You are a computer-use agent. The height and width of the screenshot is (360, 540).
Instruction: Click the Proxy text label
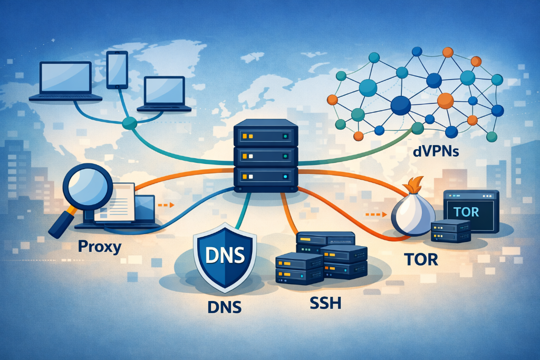100,246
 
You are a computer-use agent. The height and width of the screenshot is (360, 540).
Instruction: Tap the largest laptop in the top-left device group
66,82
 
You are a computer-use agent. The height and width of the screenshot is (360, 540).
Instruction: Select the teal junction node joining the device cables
129,124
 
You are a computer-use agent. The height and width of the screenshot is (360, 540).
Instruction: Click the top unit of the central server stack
265,134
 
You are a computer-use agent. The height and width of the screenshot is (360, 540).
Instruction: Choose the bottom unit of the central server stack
265,176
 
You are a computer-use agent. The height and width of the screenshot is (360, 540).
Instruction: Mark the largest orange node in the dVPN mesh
445,100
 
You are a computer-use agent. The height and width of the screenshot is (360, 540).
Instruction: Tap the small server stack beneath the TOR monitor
450,231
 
